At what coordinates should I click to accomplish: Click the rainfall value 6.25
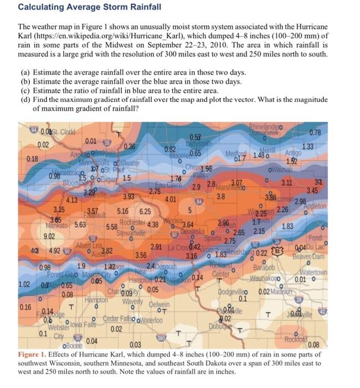point(146,211)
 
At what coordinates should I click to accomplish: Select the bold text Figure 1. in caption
point(34,354)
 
